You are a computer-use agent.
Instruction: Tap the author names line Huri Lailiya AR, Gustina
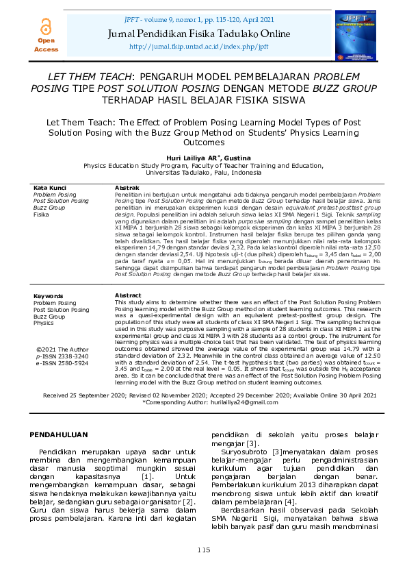pyautogui.click(x=203, y=158)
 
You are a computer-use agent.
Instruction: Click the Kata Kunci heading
pyautogui.click(x=50, y=188)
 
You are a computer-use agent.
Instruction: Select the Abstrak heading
pyautogui.click(x=127, y=188)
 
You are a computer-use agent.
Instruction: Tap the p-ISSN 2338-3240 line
pyautogui.click(x=62, y=357)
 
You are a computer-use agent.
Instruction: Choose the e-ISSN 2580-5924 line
pyautogui.click(x=62, y=363)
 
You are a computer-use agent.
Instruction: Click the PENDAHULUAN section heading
pyautogui.click(x=70, y=435)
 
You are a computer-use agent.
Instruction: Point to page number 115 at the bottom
pyautogui.click(x=203, y=550)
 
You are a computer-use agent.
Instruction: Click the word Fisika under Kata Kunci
pyautogui.click(x=42, y=214)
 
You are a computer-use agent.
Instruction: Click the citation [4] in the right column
pyautogui.click(x=290, y=502)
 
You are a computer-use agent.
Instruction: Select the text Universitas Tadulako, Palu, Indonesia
pyautogui.click(x=203, y=173)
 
